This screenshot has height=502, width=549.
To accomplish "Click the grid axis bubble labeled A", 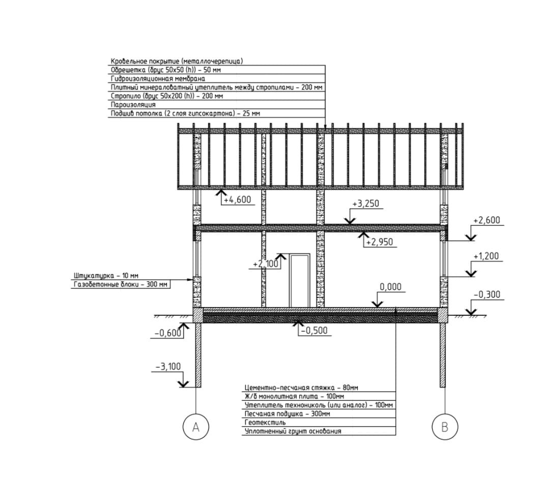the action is (x=196, y=427).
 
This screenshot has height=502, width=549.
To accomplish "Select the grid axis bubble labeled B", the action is (x=445, y=427).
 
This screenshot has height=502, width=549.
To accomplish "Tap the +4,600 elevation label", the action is (x=237, y=200).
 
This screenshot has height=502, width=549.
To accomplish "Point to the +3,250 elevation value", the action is (x=365, y=204).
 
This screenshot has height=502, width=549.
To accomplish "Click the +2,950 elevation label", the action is (x=380, y=242).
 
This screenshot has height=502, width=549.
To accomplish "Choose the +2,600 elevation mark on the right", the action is (x=486, y=220).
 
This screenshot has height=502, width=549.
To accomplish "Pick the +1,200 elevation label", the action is (x=486, y=256).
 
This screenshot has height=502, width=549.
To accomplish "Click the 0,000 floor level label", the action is (x=390, y=287).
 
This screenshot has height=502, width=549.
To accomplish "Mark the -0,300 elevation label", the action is (x=486, y=294).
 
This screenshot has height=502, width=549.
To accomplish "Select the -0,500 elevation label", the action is (x=314, y=331).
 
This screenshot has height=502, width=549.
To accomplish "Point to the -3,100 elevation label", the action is (x=168, y=366).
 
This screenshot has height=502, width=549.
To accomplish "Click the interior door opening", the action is (x=299, y=280).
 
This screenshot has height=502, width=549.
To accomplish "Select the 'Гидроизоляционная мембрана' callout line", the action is (x=158, y=78).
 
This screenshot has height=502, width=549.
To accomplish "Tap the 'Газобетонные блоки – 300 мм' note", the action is (x=121, y=284).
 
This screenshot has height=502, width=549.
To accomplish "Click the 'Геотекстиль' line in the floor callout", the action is (x=265, y=422).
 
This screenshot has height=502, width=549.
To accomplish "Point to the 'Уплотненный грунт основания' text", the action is (x=293, y=431).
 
